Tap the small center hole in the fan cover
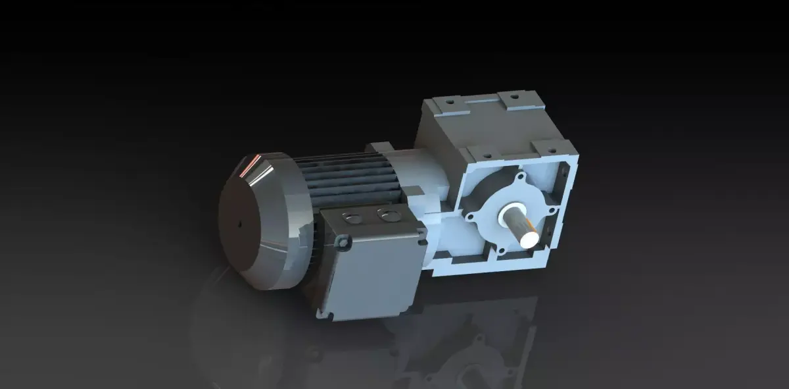click(x=240, y=225)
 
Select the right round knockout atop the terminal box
click(x=384, y=213)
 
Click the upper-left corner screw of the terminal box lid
click(x=341, y=244)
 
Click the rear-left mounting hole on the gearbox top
click(x=448, y=103)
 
